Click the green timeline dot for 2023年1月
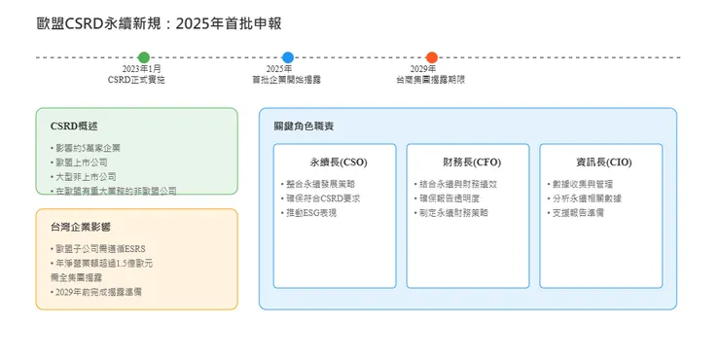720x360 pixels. click(x=144, y=57)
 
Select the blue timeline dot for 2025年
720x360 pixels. click(x=287, y=57)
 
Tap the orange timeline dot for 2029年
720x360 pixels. click(x=431, y=57)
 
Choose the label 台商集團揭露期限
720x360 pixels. click(x=430, y=79)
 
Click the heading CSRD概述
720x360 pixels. click(x=74, y=126)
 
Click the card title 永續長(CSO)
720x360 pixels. click(x=335, y=162)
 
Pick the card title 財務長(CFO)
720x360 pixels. click(x=468, y=162)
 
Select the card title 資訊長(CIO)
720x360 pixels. click(x=600, y=162)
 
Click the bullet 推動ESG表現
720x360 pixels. click(x=309, y=212)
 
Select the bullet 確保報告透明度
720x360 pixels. click(x=450, y=198)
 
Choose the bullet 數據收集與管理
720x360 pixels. click(x=582, y=183)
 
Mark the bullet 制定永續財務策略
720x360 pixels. click(x=452, y=212)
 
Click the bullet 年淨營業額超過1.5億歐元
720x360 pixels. click(x=101, y=263)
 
